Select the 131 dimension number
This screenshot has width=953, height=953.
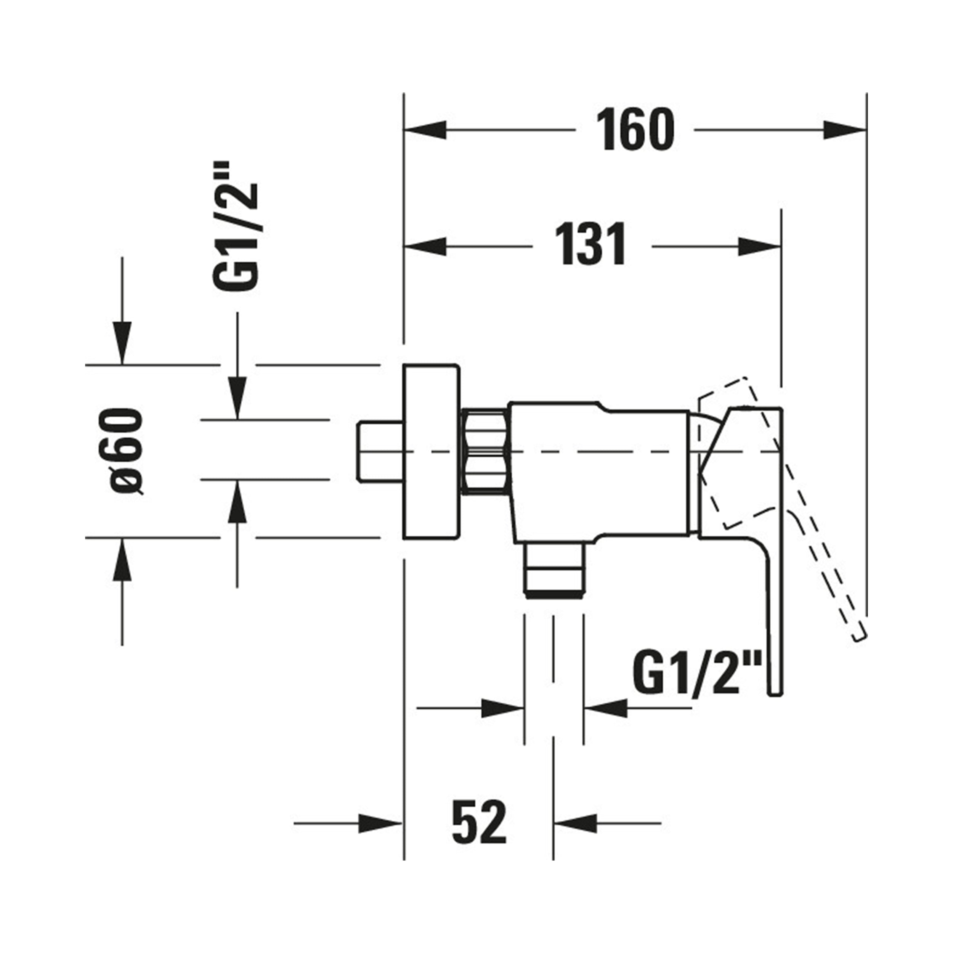[590, 245]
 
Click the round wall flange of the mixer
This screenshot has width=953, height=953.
[431, 452]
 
